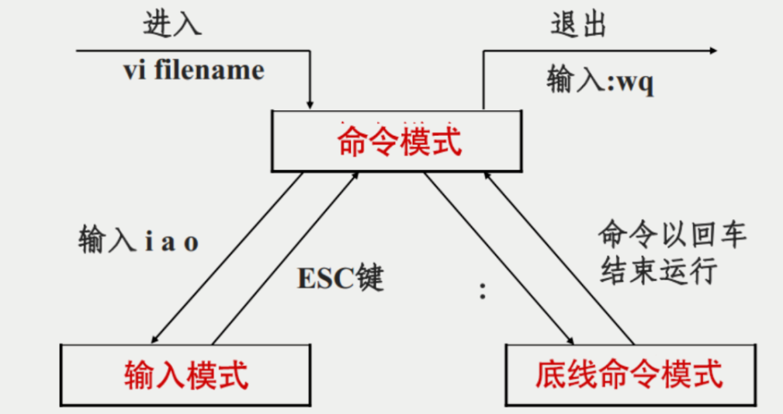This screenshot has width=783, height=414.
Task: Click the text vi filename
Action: tap(193, 71)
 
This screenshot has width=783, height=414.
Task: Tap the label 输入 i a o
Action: tap(139, 241)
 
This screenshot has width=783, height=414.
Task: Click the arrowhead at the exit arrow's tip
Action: tap(711, 51)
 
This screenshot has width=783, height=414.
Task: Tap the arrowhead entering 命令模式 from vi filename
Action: tap(310, 104)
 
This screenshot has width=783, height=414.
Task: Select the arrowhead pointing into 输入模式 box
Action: tap(155, 339)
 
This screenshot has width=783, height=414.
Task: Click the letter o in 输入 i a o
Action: tap(191, 242)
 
